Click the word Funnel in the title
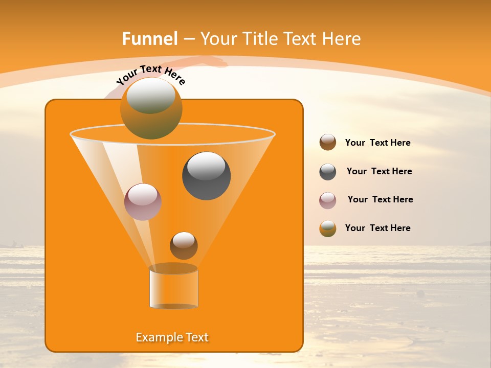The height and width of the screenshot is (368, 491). pyautogui.click(x=150, y=39)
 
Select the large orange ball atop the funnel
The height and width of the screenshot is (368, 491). pyautogui.click(x=151, y=109)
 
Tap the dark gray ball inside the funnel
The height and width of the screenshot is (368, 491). pyautogui.click(x=206, y=176)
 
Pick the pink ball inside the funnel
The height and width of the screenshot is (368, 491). pyautogui.click(x=143, y=202)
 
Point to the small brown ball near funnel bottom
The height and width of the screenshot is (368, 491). pyautogui.click(x=184, y=245)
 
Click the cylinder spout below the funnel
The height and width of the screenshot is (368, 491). pyautogui.click(x=173, y=288)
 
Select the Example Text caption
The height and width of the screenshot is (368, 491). pyautogui.click(x=172, y=337)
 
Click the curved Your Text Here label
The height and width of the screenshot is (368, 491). pyautogui.click(x=150, y=75)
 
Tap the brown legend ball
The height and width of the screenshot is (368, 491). pyautogui.click(x=328, y=143)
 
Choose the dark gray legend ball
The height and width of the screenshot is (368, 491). pyautogui.click(x=328, y=172)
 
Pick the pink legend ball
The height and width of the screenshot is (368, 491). pyautogui.click(x=328, y=200)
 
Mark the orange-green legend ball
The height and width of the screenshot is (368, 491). pyautogui.click(x=328, y=228)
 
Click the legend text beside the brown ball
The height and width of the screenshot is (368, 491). pyautogui.click(x=377, y=143)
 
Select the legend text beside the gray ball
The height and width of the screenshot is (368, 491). pyautogui.click(x=379, y=172)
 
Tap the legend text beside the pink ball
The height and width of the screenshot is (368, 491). pyautogui.click(x=380, y=200)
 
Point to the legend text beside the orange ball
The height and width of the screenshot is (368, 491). pyautogui.click(x=377, y=228)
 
